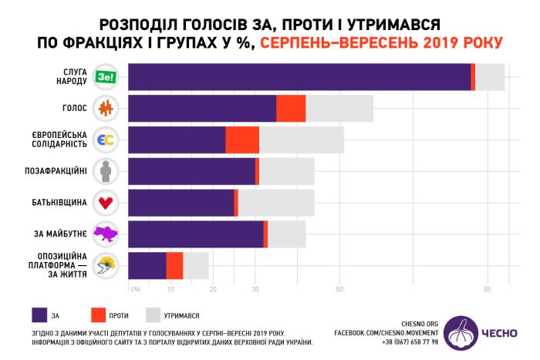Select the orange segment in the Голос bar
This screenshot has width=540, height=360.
291,109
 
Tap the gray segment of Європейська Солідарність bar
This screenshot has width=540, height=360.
302,140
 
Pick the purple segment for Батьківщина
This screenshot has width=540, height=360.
181,203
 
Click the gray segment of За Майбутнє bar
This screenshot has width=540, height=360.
287,234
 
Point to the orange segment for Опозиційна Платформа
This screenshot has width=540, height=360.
174,266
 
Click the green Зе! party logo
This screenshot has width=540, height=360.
105,76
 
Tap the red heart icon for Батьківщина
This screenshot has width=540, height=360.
105,203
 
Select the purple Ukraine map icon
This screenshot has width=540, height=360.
105,234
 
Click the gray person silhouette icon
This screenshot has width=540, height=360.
105,171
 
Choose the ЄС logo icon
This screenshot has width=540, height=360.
105,140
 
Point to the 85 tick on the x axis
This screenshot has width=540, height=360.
488,290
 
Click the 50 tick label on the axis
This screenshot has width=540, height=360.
339,290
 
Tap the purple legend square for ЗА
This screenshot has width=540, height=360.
41,315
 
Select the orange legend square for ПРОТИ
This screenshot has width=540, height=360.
97,315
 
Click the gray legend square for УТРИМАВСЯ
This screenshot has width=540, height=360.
153,315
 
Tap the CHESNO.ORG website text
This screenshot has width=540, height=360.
421,323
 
